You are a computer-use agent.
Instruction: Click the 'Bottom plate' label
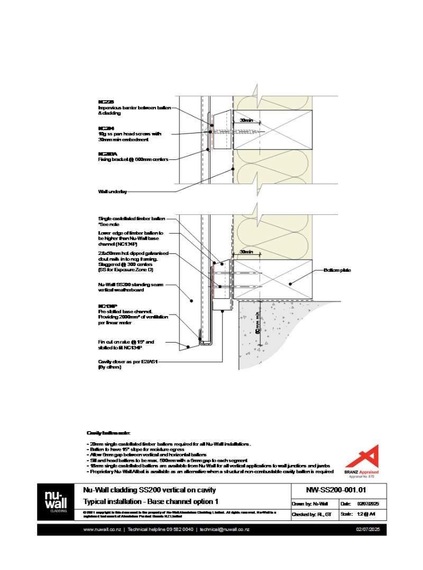point(337,270)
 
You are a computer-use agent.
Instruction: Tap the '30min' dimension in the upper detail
point(246,120)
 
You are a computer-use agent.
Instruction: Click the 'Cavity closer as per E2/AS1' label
point(128,362)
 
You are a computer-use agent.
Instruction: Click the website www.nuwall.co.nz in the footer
point(102,529)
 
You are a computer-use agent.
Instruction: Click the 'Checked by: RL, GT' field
point(313,514)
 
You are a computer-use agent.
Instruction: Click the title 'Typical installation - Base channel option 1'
point(151,501)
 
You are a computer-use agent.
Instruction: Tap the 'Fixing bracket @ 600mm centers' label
point(133,158)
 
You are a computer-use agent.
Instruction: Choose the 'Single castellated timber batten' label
point(132,218)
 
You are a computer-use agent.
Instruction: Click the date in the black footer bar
point(369,529)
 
